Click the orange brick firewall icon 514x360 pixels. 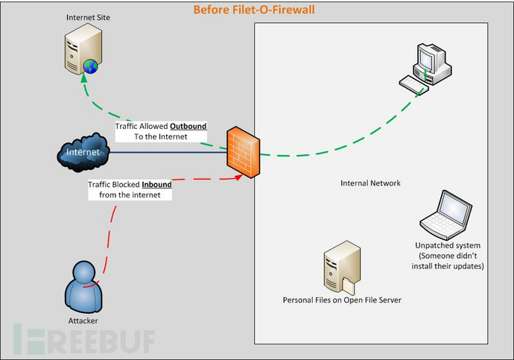point(244,152)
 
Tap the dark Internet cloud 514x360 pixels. point(83,153)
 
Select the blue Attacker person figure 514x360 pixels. point(83,286)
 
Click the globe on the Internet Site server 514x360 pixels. point(90,66)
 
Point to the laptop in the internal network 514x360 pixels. point(445,215)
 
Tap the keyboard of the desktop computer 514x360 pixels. point(413,85)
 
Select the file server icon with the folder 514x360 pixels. point(342,267)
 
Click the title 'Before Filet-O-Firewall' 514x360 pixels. point(254,10)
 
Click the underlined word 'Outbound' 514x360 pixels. point(188,126)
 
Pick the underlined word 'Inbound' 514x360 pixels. point(156,185)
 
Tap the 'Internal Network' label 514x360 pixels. point(370,183)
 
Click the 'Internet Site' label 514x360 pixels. point(88,17)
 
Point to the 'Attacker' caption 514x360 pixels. point(83,320)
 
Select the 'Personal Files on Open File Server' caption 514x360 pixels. point(342,300)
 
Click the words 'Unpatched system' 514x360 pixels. point(448,245)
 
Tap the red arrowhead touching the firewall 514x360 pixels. point(238,177)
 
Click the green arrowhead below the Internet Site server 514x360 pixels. point(84,78)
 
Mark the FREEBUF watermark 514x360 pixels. point(84,339)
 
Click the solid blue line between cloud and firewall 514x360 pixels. point(168,153)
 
